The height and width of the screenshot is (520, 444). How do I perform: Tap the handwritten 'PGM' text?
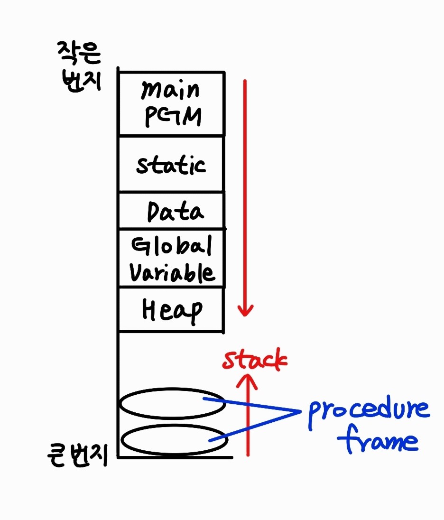[x=172, y=117]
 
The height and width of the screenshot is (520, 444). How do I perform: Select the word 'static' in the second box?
[x=171, y=165]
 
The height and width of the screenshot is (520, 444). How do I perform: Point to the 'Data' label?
[x=175, y=212]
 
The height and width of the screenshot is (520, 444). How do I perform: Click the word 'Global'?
[x=171, y=246]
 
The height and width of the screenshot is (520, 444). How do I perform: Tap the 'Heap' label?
[x=172, y=311]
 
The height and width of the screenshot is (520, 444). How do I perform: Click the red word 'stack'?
[x=255, y=362]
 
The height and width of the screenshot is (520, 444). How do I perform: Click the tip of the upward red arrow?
[x=247, y=375]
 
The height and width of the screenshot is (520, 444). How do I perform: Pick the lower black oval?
[x=174, y=439]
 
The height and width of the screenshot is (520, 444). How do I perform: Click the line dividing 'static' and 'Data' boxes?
[x=171, y=192]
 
